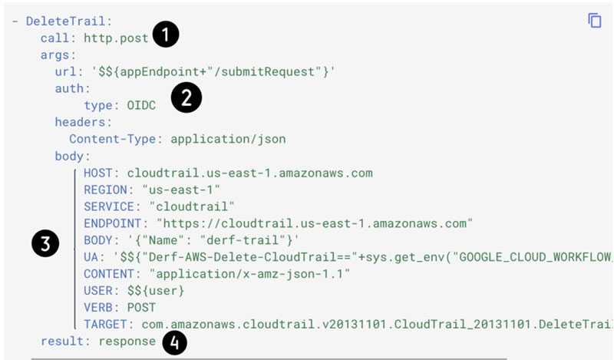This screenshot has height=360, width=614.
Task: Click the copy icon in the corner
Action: tap(594, 21)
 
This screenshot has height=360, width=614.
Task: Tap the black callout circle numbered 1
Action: tap(166, 35)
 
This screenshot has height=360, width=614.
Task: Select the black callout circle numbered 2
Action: tap(187, 97)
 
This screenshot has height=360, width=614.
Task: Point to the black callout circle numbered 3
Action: tap(45, 243)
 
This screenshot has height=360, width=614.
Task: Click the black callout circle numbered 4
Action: tap(174, 343)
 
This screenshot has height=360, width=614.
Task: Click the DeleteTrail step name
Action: tap(66, 21)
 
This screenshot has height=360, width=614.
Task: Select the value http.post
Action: tap(117, 38)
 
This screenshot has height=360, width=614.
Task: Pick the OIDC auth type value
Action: tap(141, 105)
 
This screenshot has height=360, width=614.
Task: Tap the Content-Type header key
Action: tap(112, 139)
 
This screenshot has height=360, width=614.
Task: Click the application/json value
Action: tap(228, 139)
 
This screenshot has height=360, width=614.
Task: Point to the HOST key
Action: tap(98, 173)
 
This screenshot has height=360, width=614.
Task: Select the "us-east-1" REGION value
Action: tap(181, 190)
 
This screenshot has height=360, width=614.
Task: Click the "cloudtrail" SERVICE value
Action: tap(192, 206)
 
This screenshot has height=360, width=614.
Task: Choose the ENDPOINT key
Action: tap(112, 223)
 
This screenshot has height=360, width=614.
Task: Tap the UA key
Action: tap(91, 257)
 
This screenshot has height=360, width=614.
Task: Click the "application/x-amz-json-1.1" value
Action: tap(250, 274)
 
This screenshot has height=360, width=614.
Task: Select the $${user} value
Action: tap(156, 291)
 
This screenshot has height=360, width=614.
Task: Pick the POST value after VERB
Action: tap(141, 308)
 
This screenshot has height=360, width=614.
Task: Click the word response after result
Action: tap(127, 342)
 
